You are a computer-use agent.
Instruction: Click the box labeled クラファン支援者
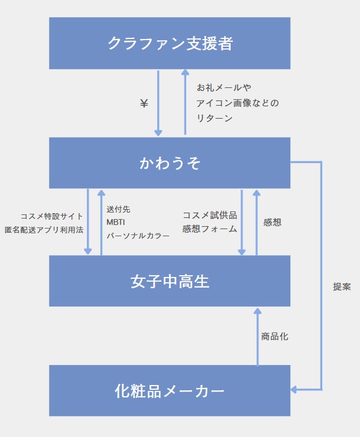pyautogui.click(x=170, y=43)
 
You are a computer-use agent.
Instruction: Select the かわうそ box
pyautogui.click(x=170, y=163)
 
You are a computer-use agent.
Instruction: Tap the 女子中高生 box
pyautogui.click(x=170, y=281)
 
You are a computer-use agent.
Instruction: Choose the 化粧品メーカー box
pyautogui.click(x=170, y=391)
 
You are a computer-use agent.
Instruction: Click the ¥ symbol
pyautogui.click(x=144, y=103)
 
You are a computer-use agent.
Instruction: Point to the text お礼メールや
pyautogui.click(x=224, y=87)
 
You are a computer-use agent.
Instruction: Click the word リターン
pyautogui.click(x=215, y=118)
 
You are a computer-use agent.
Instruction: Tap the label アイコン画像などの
pyautogui.click(x=238, y=103)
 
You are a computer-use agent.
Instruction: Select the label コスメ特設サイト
pyautogui.click(x=52, y=216)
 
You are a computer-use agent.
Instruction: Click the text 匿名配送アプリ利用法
pyautogui.click(x=44, y=229)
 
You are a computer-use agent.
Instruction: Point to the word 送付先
pyautogui.click(x=118, y=209)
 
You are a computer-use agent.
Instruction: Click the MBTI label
pyautogui.click(x=116, y=222)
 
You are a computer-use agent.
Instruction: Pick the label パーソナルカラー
pyautogui.click(x=138, y=235)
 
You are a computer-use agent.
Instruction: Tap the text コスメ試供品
pyautogui.click(x=210, y=215)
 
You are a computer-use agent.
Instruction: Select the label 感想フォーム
pyautogui.click(x=210, y=229)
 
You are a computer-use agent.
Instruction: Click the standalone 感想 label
pyautogui.click(x=273, y=222)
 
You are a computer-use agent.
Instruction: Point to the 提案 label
pyautogui.click(x=342, y=286)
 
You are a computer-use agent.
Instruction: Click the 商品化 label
pyautogui.click(x=275, y=337)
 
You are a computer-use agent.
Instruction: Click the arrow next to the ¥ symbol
pyautogui.click(x=158, y=103)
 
